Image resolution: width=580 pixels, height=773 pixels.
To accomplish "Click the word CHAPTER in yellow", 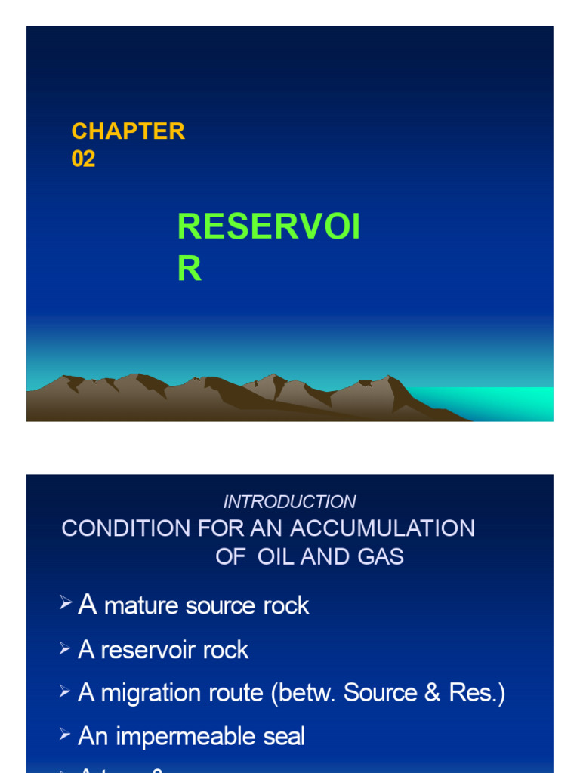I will pos(128,131).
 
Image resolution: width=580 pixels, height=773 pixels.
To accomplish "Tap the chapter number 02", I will pos(83,159).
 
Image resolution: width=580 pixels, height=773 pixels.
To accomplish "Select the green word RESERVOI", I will pos(268,227).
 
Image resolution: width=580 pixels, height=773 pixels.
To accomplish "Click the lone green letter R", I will pos(189,269).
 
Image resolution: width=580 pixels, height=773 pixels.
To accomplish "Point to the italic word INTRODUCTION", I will pos(290,502).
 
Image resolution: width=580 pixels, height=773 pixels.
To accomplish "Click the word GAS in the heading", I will pos(380,557).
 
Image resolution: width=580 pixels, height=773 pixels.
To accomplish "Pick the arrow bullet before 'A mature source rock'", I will pos(66,603).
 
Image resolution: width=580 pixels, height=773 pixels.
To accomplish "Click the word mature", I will pos(141,605).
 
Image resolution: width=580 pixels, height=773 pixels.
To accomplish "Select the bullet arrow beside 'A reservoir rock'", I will pos(66,648).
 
